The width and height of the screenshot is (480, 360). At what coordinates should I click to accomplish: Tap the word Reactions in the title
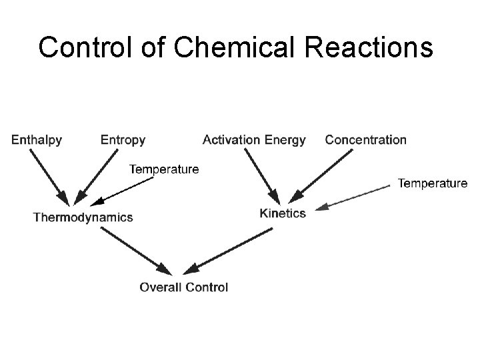(376, 47)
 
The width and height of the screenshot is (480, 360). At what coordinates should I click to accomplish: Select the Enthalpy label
(37, 140)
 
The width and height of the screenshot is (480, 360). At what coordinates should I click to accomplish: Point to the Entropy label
(123, 140)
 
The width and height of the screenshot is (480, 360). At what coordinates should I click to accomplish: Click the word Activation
(231, 140)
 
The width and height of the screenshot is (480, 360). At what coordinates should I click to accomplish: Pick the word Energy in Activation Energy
(285, 140)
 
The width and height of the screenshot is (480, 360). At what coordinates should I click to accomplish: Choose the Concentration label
(365, 140)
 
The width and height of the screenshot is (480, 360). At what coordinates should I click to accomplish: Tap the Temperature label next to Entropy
(163, 169)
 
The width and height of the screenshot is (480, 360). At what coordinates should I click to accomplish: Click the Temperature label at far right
(433, 183)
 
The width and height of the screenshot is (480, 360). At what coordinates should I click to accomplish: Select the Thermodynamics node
(83, 217)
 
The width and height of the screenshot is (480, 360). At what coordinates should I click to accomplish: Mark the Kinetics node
(283, 213)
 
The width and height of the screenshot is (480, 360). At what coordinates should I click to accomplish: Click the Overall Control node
(183, 287)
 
